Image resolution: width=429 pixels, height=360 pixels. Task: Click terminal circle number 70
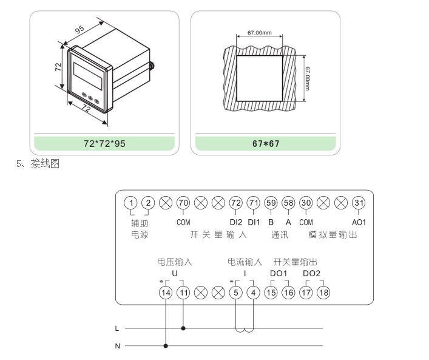(183, 203)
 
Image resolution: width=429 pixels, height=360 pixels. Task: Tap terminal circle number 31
(359, 203)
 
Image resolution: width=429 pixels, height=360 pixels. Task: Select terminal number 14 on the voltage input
(166, 293)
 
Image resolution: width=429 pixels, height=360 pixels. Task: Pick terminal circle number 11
(183, 293)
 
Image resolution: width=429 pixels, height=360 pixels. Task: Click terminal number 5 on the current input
(236, 293)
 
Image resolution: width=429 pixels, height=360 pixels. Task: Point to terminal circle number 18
(324, 293)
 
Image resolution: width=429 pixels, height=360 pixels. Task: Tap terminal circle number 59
(271, 203)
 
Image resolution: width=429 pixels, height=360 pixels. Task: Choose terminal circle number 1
(131, 203)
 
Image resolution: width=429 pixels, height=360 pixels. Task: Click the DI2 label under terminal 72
(236, 222)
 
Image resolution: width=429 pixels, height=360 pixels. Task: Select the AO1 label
(359, 222)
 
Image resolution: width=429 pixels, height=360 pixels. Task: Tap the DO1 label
(279, 274)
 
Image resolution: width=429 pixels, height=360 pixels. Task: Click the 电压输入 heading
(175, 262)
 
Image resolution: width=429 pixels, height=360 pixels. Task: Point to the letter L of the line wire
(117, 328)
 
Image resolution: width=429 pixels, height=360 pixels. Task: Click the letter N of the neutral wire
(117, 346)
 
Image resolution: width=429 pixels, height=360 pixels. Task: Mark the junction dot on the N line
(166, 346)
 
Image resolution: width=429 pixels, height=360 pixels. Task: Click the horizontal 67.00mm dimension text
(259, 33)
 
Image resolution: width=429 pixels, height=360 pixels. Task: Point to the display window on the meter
(87, 72)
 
